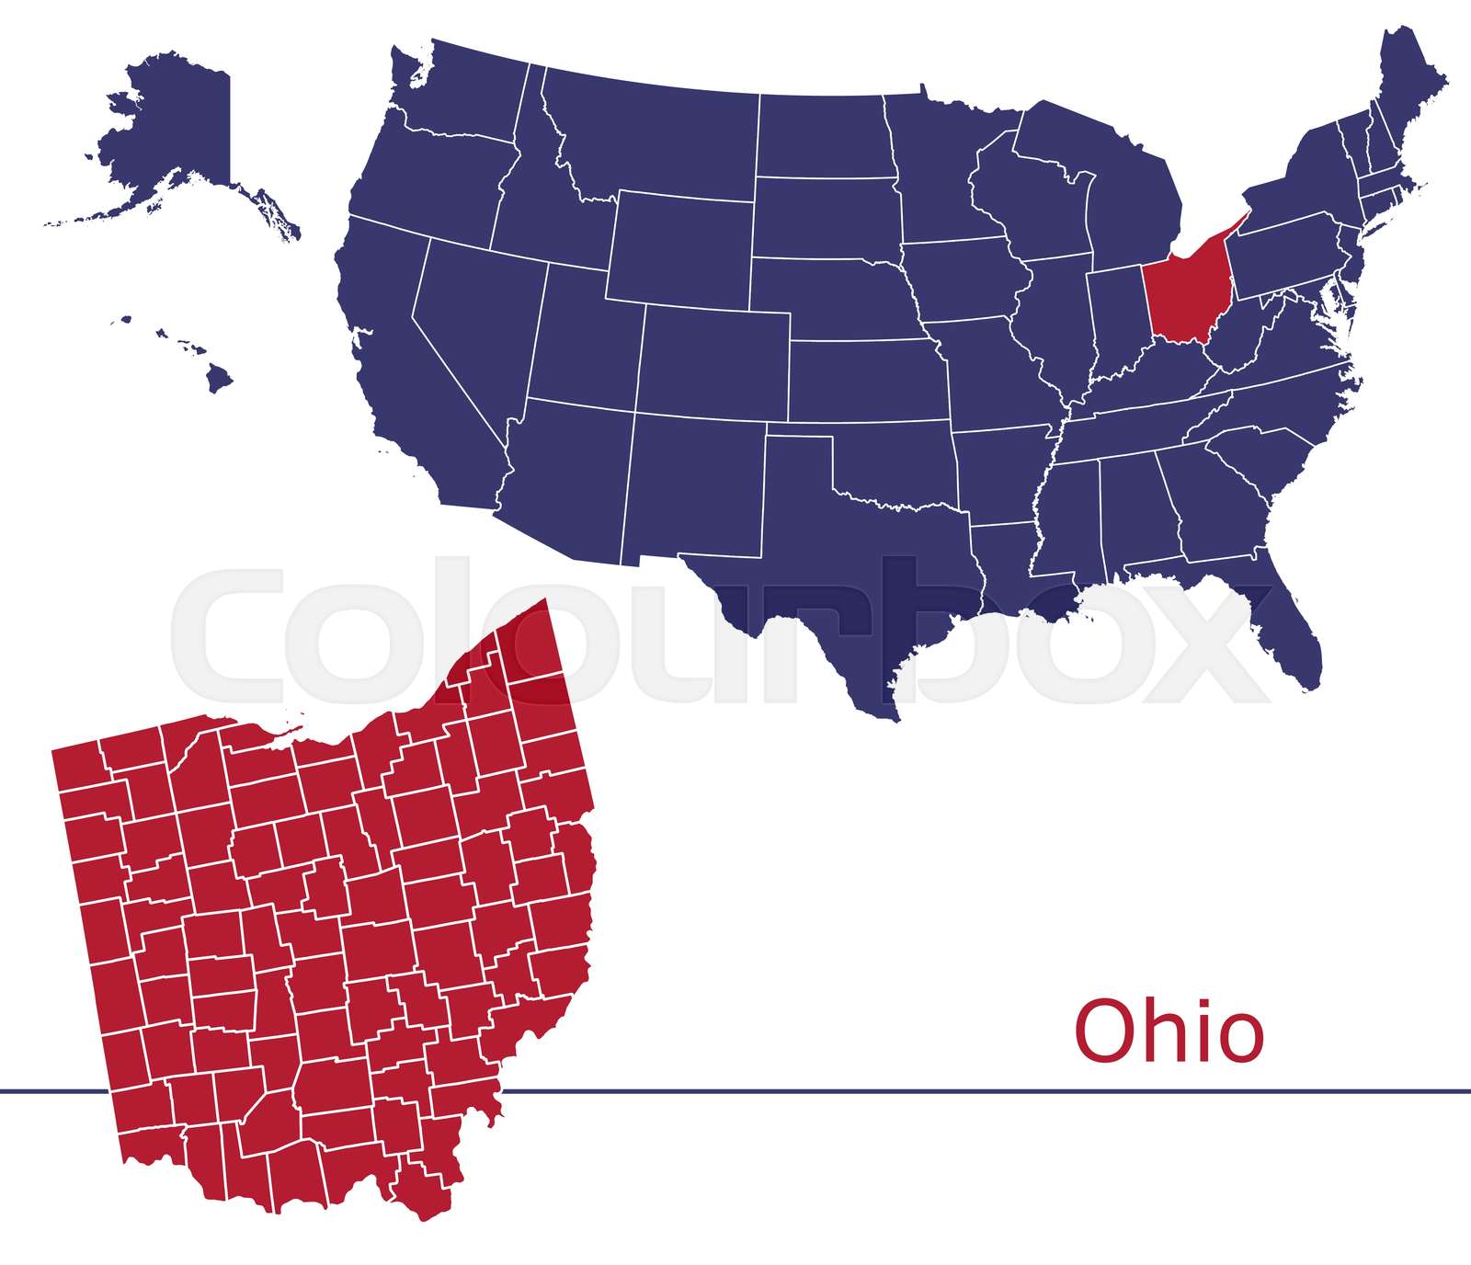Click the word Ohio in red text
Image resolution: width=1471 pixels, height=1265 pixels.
point(1169,1031)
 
